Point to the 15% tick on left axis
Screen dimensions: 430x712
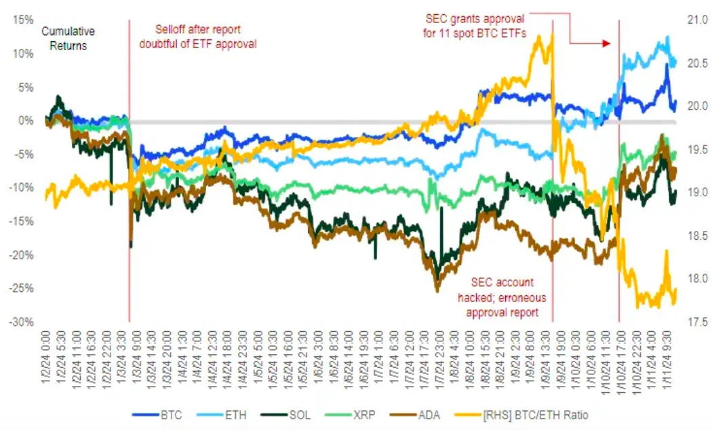pyautogui.click(x=24, y=20)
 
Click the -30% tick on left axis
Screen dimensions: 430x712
pyautogui.click(x=22, y=322)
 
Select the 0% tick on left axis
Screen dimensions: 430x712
pyautogui.click(x=26, y=121)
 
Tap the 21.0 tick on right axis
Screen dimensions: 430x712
pyautogui.click(x=696, y=20)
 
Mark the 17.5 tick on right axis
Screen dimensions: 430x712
pyautogui.click(x=696, y=322)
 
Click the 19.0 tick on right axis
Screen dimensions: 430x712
pyautogui.click(x=696, y=192)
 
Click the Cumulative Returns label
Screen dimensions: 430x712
pyautogui.click(x=68, y=39)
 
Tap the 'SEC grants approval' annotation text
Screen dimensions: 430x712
pyautogui.click(x=475, y=25)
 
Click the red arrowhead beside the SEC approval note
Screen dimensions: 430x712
pyautogui.click(x=607, y=43)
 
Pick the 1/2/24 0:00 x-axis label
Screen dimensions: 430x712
pyautogui.click(x=47, y=351)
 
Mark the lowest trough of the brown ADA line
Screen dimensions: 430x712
pyautogui.click(x=437, y=291)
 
